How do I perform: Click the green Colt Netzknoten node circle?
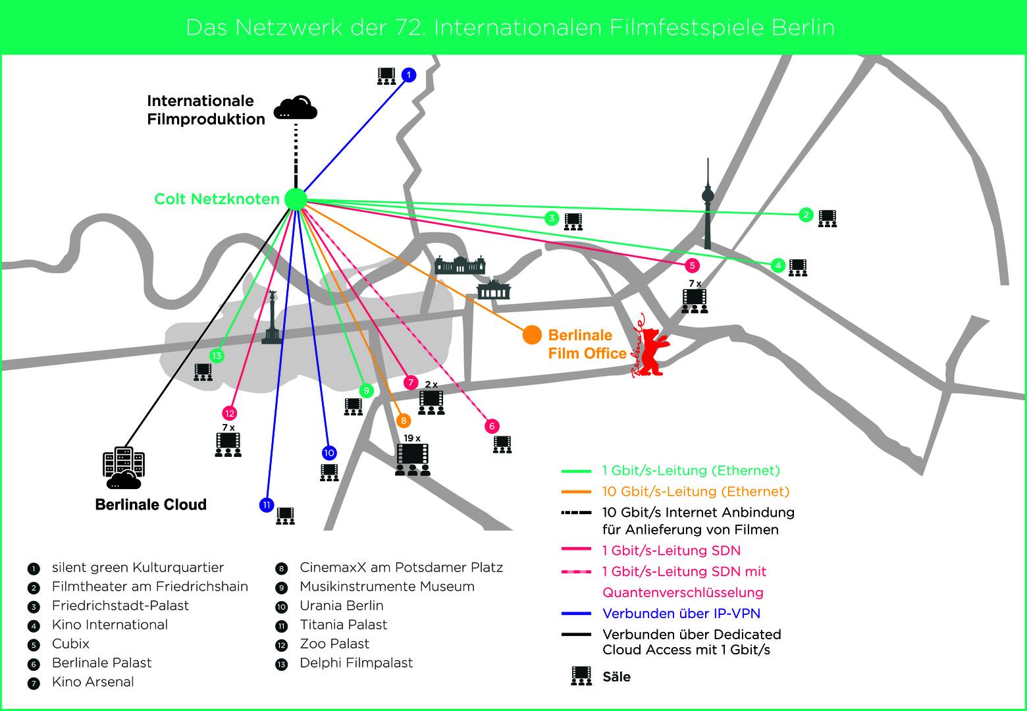coord(296,199)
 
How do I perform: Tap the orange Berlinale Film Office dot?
coord(532,335)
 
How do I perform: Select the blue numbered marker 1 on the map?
coord(409,75)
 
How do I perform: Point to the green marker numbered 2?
coord(806,215)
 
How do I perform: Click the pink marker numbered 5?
coord(691,265)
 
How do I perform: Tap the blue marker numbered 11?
coord(266,505)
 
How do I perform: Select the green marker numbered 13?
coord(217,356)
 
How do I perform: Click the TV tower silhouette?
coord(708,204)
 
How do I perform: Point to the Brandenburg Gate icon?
coord(493,289)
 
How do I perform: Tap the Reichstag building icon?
coord(460,265)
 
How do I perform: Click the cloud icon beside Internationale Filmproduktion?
coord(296,109)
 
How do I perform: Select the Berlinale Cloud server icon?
coord(123,468)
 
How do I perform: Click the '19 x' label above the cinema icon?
coord(412,438)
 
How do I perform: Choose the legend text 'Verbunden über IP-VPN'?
coord(681,614)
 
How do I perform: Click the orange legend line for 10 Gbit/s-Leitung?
coord(576,492)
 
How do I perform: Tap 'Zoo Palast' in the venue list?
coord(334,644)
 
